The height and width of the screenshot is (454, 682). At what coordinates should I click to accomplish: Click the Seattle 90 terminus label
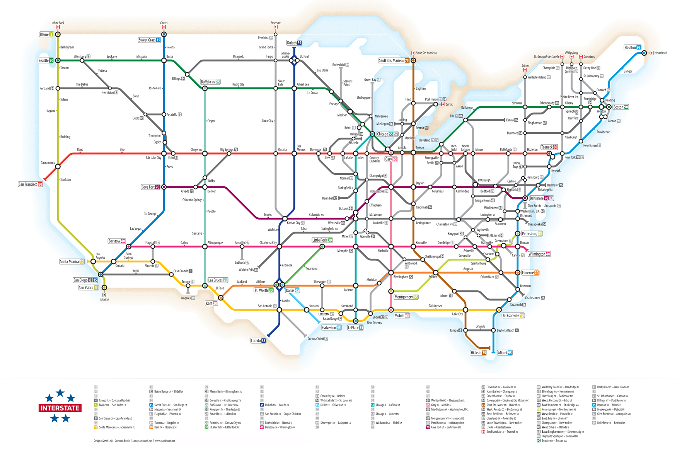click(x=46, y=60)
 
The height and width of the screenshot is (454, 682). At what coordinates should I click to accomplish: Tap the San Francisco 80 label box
click(x=30, y=184)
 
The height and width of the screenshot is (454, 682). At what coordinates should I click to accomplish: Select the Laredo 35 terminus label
click(x=258, y=341)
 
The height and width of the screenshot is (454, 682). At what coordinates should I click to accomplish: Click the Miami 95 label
click(x=505, y=353)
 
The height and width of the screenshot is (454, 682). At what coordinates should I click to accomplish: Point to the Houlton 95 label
click(x=633, y=48)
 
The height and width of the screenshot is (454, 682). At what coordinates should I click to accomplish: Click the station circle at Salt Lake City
click(x=164, y=154)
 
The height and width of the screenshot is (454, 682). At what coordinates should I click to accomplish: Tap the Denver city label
click(x=211, y=191)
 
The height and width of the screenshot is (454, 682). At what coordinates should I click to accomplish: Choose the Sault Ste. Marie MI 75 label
click(x=394, y=60)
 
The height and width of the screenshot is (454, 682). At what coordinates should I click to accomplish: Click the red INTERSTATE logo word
click(x=60, y=408)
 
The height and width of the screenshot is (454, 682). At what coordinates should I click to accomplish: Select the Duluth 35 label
click(x=294, y=43)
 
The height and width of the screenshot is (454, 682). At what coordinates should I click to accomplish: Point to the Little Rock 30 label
click(x=322, y=240)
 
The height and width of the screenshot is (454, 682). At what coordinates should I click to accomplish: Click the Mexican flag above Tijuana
click(x=104, y=295)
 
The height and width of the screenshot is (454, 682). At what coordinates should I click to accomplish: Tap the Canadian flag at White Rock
click(x=58, y=27)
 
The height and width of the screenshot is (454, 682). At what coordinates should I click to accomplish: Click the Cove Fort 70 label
click(x=150, y=187)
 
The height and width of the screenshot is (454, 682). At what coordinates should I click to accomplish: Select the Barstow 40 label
click(x=117, y=241)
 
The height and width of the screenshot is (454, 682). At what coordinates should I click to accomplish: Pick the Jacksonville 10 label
click(x=513, y=316)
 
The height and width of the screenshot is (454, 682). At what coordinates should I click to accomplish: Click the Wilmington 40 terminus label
click(x=539, y=254)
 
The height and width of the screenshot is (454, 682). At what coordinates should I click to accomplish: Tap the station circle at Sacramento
click(x=58, y=167)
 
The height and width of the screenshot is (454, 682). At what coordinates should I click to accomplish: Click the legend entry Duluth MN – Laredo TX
click(x=277, y=405)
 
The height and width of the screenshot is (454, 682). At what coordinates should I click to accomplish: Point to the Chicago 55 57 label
click(x=387, y=134)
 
